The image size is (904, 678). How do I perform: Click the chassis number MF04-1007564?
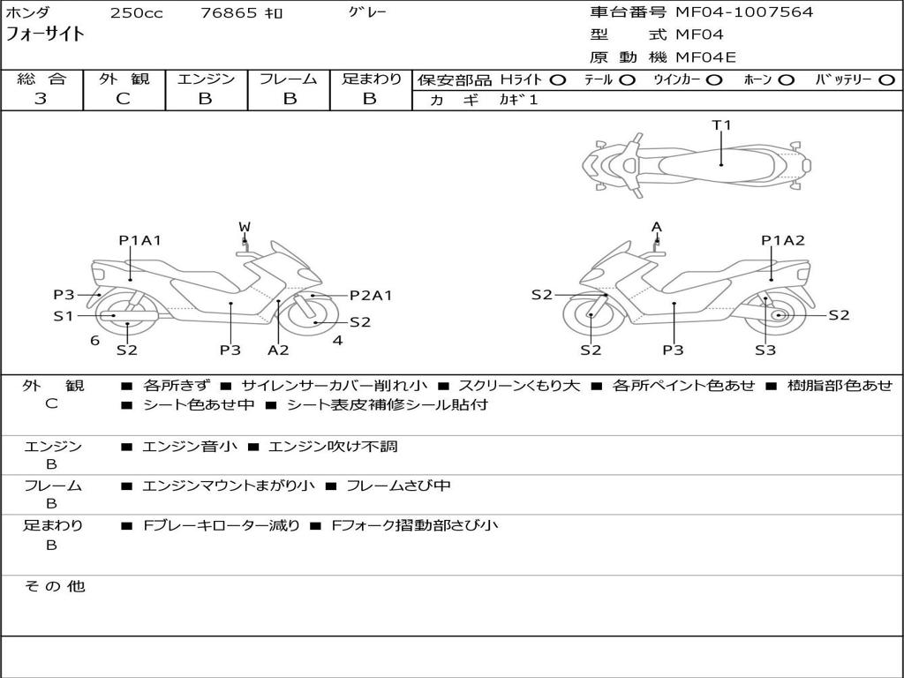tap(744, 12)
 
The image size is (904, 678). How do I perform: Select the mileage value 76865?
tap(230, 13)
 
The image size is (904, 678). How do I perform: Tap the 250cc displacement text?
tap(136, 13)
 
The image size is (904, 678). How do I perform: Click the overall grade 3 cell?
tap(41, 99)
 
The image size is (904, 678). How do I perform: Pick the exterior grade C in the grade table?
tap(124, 99)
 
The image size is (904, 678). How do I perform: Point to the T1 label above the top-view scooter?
tap(722, 125)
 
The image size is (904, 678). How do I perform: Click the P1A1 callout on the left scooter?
tap(140, 240)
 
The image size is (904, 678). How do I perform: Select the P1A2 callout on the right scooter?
tap(783, 240)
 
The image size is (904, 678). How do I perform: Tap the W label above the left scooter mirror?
tap(245, 227)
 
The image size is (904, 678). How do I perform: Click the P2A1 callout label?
tap(371, 296)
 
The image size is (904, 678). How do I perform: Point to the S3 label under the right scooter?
tap(765, 350)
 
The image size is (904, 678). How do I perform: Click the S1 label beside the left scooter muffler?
tap(63, 315)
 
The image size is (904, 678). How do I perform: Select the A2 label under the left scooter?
tap(278, 350)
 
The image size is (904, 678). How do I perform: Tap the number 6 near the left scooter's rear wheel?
tap(94, 340)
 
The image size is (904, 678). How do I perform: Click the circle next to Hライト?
tap(557, 79)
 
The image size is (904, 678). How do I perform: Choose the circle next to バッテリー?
tap(886, 79)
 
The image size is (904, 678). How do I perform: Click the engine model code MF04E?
tap(705, 57)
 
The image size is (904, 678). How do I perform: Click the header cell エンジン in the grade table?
tap(207, 79)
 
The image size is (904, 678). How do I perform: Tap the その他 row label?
tap(54, 586)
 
